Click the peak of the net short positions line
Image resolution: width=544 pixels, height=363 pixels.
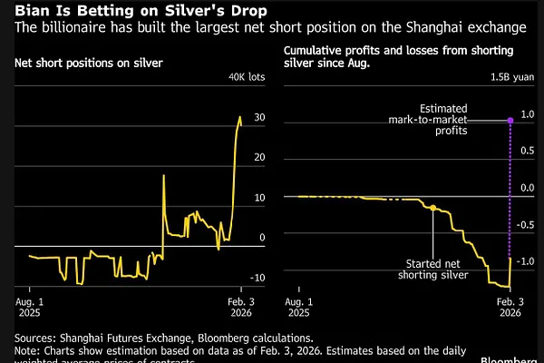[x=240, y=116]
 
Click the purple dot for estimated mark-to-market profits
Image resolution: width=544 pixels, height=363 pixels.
[x=510, y=119]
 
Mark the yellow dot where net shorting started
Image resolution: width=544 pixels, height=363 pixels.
[x=432, y=208]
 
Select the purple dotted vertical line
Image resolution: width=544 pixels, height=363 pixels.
[x=510, y=191]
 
